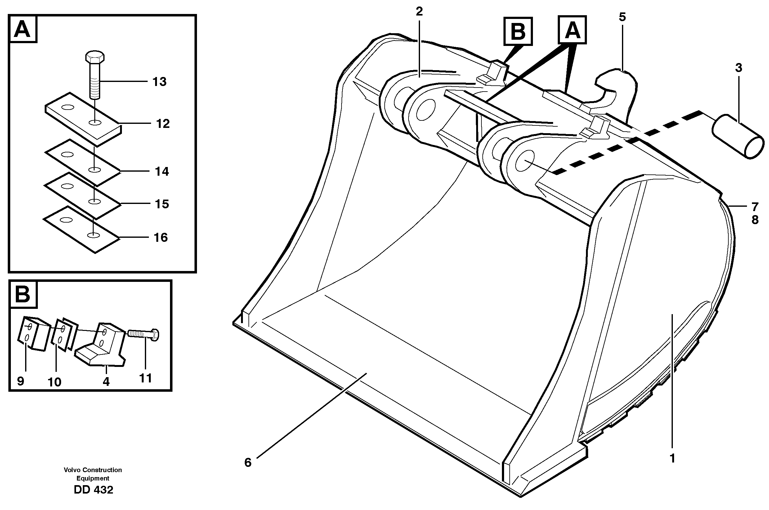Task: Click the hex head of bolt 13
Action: (x=95, y=57)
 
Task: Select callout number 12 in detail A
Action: (x=163, y=124)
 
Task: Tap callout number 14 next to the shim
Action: (x=162, y=171)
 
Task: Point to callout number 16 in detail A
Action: (x=161, y=237)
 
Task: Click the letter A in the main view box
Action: (x=572, y=30)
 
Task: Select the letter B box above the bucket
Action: (x=518, y=32)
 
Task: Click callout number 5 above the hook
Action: (x=622, y=17)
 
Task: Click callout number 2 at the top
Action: (x=419, y=12)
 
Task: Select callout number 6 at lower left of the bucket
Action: (x=248, y=463)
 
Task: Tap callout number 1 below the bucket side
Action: (x=673, y=458)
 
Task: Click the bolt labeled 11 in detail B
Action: (x=143, y=334)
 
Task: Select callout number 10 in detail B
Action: (x=55, y=382)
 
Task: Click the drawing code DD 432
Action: (x=93, y=490)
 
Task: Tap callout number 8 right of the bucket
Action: (x=755, y=220)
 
